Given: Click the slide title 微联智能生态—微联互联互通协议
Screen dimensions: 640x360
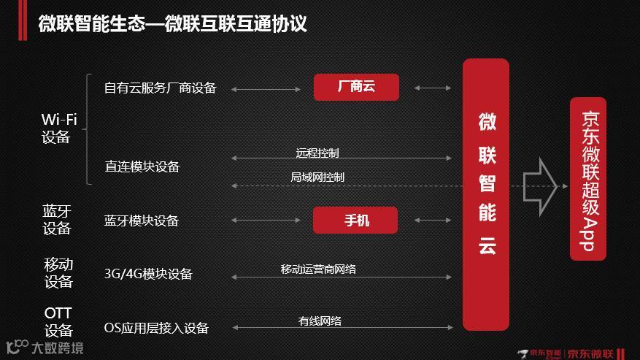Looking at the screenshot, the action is (x=172, y=24).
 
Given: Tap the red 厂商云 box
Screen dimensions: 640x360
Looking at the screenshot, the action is (x=356, y=87).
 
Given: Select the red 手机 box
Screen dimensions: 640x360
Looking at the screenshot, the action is (x=356, y=220).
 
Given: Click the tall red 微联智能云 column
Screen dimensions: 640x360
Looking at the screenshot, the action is (x=486, y=194).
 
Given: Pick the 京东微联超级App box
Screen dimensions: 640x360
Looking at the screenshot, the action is (x=590, y=180).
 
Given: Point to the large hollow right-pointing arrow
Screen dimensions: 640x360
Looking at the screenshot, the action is (x=541, y=186).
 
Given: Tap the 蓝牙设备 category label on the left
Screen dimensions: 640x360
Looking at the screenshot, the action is (x=57, y=220).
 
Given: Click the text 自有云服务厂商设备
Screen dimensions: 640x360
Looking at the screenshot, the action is (x=161, y=88).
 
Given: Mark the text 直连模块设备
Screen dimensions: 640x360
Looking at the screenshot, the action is (x=142, y=166).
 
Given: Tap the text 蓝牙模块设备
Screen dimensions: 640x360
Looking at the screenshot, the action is (x=142, y=221).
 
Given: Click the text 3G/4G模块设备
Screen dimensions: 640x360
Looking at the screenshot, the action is (x=148, y=274).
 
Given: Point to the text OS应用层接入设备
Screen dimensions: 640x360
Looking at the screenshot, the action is (x=156, y=328).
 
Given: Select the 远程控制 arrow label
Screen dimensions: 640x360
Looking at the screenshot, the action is (x=317, y=153).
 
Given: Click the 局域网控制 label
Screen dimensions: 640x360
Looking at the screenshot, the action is (x=317, y=177).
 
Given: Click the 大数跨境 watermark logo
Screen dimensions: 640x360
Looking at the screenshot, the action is (x=44, y=347).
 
